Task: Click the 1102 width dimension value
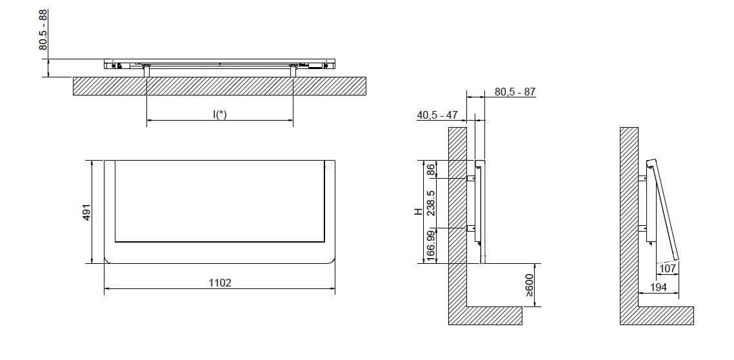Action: click(220, 283)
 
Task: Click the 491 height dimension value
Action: click(86, 212)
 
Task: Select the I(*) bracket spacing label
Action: click(220, 114)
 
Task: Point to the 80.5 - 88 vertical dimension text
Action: click(43, 30)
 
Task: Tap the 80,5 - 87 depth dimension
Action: click(515, 92)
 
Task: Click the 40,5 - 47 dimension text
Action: click(437, 115)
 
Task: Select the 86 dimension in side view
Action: click(431, 170)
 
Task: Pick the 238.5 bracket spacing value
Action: click(431, 203)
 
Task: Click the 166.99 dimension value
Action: click(431, 246)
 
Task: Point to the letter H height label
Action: click(418, 211)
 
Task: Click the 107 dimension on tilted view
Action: click(668, 268)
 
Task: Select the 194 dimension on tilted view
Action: click(657, 287)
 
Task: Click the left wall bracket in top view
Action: click(146, 71)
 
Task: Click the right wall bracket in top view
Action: click(293, 71)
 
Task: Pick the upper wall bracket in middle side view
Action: click(471, 177)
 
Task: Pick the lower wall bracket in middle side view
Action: click(471, 228)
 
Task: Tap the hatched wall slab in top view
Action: click(219, 86)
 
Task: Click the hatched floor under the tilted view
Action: click(664, 315)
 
